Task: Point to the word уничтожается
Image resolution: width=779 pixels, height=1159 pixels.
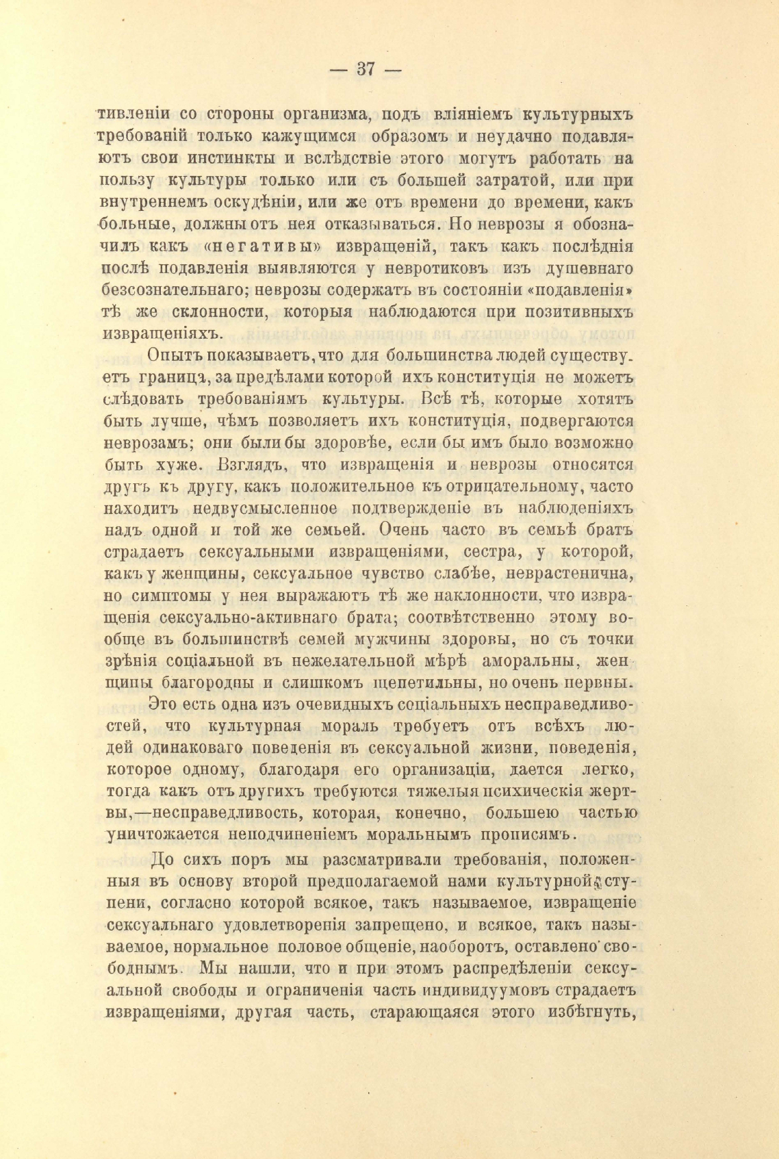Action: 162,835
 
